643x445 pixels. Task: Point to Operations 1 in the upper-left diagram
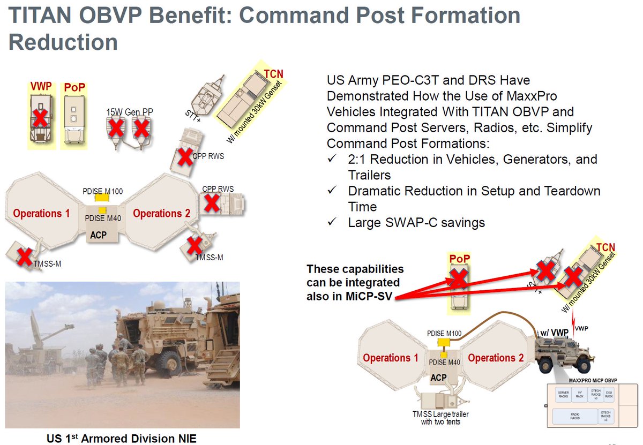pyautogui.click(x=41, y=213)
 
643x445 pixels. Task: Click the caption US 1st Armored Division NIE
pyautogui.click(x=121, y=439)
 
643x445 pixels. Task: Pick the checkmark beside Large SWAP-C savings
pyautogui.click(x=332, y=222)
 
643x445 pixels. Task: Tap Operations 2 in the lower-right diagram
pyautogui.click(x=496, y=358)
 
